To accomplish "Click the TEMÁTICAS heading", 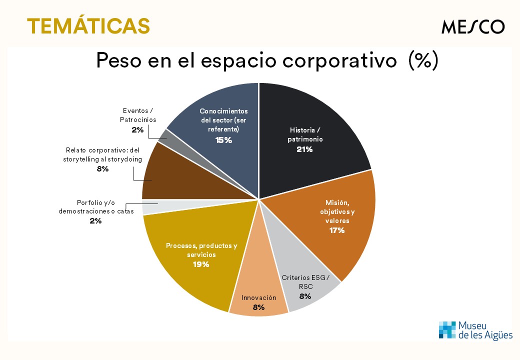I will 88,25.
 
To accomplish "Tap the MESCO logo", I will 472,26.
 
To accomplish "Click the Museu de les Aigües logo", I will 475,330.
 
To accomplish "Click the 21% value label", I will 304,149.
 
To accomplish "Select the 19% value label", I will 200,264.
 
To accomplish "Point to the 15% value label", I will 223,140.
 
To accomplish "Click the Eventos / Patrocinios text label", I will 138,115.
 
